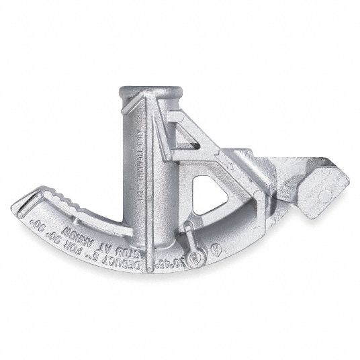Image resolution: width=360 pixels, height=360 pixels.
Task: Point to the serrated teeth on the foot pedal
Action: click(67, 201)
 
